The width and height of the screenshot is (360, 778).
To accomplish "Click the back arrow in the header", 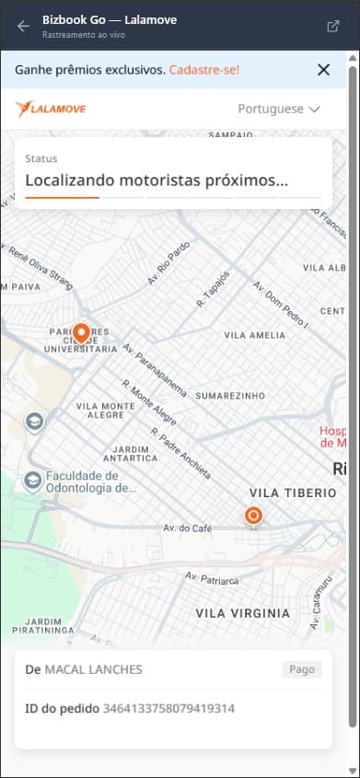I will pyautogui.click(x=23, y=26).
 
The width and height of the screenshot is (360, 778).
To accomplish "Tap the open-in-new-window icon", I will pyautogui.click(x=332, y=26).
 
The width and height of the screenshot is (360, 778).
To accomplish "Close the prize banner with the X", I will pyautogui.click(x=323, y=69).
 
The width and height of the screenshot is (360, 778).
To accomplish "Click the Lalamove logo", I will pyautogui.click(x=51, y=109).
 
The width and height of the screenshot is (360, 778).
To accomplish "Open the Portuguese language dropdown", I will pyautogui.click(x=279, y=109).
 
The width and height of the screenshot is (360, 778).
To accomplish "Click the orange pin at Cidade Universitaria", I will pyautogui.click(x=81, y=333).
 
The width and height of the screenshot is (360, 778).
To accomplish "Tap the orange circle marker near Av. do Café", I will pyautogui.click(x=253, y=516).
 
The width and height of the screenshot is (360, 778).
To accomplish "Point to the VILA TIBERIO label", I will pyautogui.click(x=293, y=494).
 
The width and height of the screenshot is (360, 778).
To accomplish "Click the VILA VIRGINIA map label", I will pyautogui.click(x=242, y=612).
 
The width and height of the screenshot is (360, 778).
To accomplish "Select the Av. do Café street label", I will pyautogui.click(x=188, y=528).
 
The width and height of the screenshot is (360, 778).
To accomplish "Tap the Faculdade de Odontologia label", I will pyautogui.click(x=83, y=482).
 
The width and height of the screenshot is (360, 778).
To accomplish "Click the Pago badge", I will pyautogui.click(x=302, y=669).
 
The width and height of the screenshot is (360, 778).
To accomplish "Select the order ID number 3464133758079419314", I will pyautogui.click(x=168, y=708).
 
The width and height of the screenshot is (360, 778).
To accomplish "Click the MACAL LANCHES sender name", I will pyautogui.click(x=93, y=669).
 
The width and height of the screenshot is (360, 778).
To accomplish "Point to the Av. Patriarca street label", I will pyautogui.click(x=213, y=580).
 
